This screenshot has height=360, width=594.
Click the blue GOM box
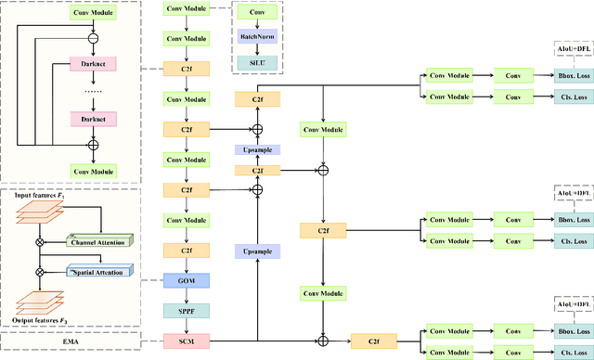click(x=187, y=278)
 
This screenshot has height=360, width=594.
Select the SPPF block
click(x=187, y=309)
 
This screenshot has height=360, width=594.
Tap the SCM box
click(x=187, y=341)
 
